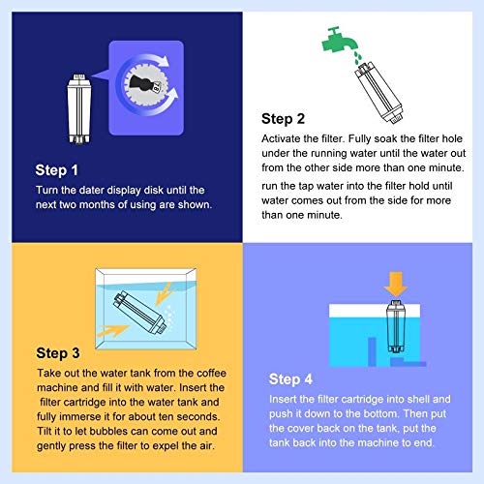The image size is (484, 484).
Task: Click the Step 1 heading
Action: click(x=56, y=170)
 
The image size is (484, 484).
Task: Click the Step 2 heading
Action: click(x=283, y=119)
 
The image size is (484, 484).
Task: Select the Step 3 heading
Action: click(x=58, y=353)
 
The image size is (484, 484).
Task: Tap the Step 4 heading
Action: click(x=290, y=379)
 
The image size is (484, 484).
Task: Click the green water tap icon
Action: click(x=339, y=42)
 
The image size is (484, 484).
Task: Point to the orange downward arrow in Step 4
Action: click(x=396, y=284)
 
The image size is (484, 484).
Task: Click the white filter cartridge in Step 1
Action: click(x=79, y=108)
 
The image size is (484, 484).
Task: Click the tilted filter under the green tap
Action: click(x=379, y=92)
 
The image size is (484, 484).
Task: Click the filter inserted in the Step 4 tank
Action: click(x=396, y=326)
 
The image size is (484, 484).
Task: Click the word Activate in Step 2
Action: click(x=281, y=138)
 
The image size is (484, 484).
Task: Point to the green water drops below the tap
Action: click(x=358, y=57)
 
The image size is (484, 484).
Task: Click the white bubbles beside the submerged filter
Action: click(x=167, y=316)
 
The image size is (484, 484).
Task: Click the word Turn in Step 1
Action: click(x=46, y=190)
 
